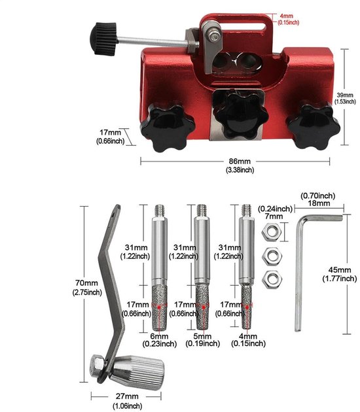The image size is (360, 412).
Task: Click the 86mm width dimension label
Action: [x=240, y=161]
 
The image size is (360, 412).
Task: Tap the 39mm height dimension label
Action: [x=345, y=95]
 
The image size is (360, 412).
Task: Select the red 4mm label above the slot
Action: [x=287, y=16]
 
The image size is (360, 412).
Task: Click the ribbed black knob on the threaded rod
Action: [x=103, y=39]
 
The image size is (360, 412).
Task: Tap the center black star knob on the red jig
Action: [x=240, y=114]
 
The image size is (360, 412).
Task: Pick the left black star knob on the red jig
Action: [x=168, y=126]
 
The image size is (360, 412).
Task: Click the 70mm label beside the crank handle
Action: [x=86, y=283]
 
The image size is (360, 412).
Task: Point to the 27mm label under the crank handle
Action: [x=127, y=396]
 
